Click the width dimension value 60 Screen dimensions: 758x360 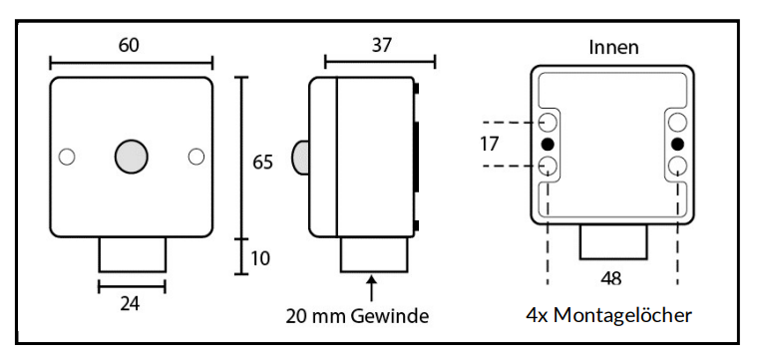click(x=129, y=46)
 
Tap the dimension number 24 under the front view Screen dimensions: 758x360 click(x=131, y=304)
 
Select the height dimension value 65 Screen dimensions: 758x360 click(x=263, y=163)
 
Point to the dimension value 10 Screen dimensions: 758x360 click(x=260, y=259)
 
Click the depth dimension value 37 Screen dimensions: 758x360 click(x=382, y=46)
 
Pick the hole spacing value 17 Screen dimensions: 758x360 click(x=490, y=144)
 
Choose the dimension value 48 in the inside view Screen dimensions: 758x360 click(x=611, y=278)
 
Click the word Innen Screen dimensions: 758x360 click(x=614, y=47)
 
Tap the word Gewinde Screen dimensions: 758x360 click(x=390, y=316)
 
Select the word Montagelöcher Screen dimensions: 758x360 click(x=622, y=315)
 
